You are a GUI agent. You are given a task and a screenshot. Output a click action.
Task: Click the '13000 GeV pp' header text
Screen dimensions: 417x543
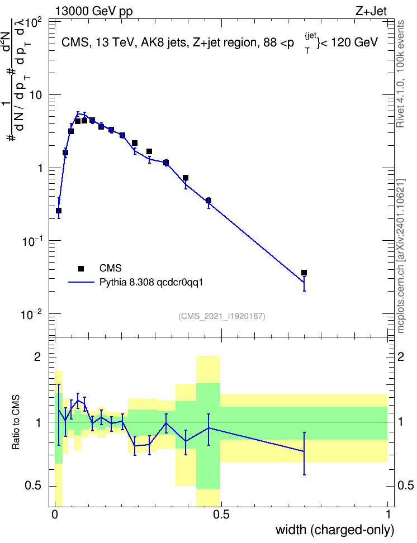click(93, 11)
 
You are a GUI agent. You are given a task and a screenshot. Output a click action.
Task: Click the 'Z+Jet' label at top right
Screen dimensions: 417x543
click(371, 11)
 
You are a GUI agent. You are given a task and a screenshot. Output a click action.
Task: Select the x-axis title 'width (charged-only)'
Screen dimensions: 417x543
click(335, 530)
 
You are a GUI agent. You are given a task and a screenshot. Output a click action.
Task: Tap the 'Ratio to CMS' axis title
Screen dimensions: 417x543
click(16, 422)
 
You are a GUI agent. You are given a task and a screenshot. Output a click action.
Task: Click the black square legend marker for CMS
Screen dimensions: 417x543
click(80, 268)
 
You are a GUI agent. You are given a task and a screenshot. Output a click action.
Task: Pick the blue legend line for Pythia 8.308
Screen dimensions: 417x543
click(81, 282)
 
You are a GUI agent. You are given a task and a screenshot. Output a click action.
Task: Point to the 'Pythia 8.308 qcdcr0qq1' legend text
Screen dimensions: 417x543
click(151, 283)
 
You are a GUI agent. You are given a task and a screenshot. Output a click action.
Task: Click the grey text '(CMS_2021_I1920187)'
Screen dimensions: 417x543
click(222, 316)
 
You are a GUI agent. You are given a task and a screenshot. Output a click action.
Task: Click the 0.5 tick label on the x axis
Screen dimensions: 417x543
click(221, 515)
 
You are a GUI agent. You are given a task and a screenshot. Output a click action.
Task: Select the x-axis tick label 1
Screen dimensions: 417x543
click(388, 515)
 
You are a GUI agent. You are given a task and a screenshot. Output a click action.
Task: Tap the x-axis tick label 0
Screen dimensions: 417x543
click(55, 515)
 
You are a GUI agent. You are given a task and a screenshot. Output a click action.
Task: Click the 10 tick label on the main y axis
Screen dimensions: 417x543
click(36, 95)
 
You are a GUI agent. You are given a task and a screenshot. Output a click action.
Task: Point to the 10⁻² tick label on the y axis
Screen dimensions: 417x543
click(31, 315)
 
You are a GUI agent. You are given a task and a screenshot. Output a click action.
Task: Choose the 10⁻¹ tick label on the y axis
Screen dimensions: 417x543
click(31, 241)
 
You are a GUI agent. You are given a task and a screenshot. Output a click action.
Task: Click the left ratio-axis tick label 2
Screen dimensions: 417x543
click(37, 357)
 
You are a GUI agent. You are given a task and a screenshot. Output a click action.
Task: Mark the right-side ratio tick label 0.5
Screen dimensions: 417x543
click(406, 485)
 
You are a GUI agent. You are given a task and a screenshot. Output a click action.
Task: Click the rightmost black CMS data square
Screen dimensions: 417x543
click(304, 273)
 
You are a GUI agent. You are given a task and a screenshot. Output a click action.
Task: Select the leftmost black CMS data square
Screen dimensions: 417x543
click(59, 211)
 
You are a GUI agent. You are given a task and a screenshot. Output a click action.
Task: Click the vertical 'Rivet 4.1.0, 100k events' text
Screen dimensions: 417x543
click(400, 74)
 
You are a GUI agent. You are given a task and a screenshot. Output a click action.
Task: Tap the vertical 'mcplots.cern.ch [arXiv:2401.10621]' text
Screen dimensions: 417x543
click(401, 256)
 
